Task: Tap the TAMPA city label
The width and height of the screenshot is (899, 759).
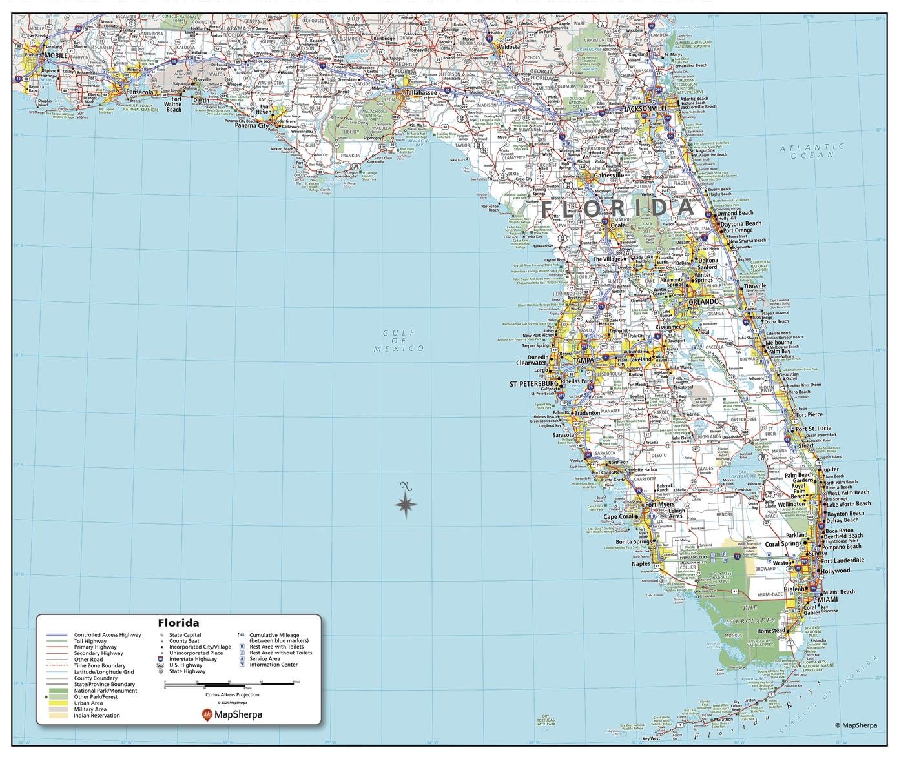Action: pyautogui.click(x=585, y=359)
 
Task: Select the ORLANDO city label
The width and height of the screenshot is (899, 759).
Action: pyautogui.click(x=702, y=301)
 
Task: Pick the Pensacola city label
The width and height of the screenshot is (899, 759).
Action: pyautogui.click(x=139, y=92)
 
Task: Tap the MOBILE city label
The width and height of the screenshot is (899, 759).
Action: pyautogui.click(x=56, y=56)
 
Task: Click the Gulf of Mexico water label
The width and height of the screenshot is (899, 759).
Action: pyautogui.click(x=399, y=340)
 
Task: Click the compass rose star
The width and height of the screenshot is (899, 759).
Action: pyautogui.click(x=405, y=505)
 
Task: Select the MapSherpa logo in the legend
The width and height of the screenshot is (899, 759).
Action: pyautogui.click(x=232, y=714)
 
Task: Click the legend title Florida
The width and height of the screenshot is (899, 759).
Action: pyautogui.click(x=178, y=623)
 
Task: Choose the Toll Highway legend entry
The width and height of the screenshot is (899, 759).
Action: pyautogui.click(x=95, y=641)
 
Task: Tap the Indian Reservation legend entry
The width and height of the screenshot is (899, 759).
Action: pyautogui.click(x=96, y=715)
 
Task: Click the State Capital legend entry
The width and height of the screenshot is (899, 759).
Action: pyautogui.click(x=185, y=635)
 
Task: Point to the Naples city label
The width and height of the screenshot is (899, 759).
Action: pyautogui.click(x=641, y=563)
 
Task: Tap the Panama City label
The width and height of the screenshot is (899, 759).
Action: pyautogui.click(x=251, y=125)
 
